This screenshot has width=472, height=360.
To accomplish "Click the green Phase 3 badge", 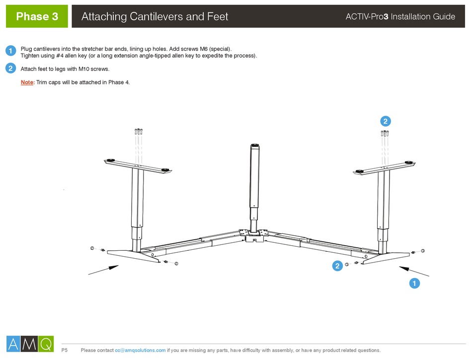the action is click(x=37, y=16).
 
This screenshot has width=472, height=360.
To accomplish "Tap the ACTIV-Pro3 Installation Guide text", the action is click(x=400, y=17).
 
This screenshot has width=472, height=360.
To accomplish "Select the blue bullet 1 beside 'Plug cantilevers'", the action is click(x=10, y=51).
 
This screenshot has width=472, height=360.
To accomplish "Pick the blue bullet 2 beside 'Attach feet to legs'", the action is click(x=10, y=69).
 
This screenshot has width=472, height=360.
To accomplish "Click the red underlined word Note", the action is click(x=27, y=82).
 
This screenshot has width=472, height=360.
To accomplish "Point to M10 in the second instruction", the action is click(x=85, y=69).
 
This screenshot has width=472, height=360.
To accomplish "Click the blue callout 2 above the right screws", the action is click(x=385, y=121).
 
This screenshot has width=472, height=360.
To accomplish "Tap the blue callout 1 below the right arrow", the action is click(x=413, y=284).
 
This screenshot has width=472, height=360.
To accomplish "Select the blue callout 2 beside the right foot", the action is click(x=337, y=266).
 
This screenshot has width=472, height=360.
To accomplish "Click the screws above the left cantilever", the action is click(x=139, y=132).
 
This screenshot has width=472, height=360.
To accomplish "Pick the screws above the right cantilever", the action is click(x=385, y=133).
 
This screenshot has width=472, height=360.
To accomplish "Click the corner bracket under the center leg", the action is click(x=254, y=236).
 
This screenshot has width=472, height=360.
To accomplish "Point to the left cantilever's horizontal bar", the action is click(x=138, y=164).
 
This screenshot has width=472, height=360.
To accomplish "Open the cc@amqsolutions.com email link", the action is click(x=140, y=351).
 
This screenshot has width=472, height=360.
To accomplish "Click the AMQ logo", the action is click(x=29, y=343).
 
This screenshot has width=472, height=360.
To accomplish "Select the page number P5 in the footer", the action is click(x=65, y=351).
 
